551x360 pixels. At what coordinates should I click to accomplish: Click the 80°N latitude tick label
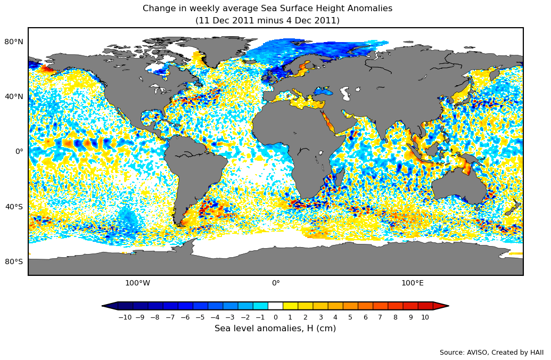click(14, 42)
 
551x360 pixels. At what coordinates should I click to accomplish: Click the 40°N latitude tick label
click(14, 96)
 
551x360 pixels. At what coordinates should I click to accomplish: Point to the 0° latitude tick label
click(19, 151)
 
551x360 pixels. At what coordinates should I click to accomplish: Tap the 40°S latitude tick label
click(14, 207)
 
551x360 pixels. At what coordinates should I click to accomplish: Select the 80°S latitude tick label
click(14, 261)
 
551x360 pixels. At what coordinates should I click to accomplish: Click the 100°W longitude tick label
click(137, 283)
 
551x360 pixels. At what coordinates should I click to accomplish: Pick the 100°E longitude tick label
click(413, 283)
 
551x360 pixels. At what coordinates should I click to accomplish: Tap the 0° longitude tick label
click(276, 283)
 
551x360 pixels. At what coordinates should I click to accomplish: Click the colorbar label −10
click(125, 317)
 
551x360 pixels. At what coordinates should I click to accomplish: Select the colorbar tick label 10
click(425, 317)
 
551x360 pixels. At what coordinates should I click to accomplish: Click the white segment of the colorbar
click(275, 306)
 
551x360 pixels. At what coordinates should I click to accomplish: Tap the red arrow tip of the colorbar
click(441, 306)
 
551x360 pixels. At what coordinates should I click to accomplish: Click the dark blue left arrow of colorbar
click(110, 306)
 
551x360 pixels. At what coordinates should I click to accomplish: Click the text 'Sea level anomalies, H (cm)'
click(275, 329)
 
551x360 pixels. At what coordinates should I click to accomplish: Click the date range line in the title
click(267, 21)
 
